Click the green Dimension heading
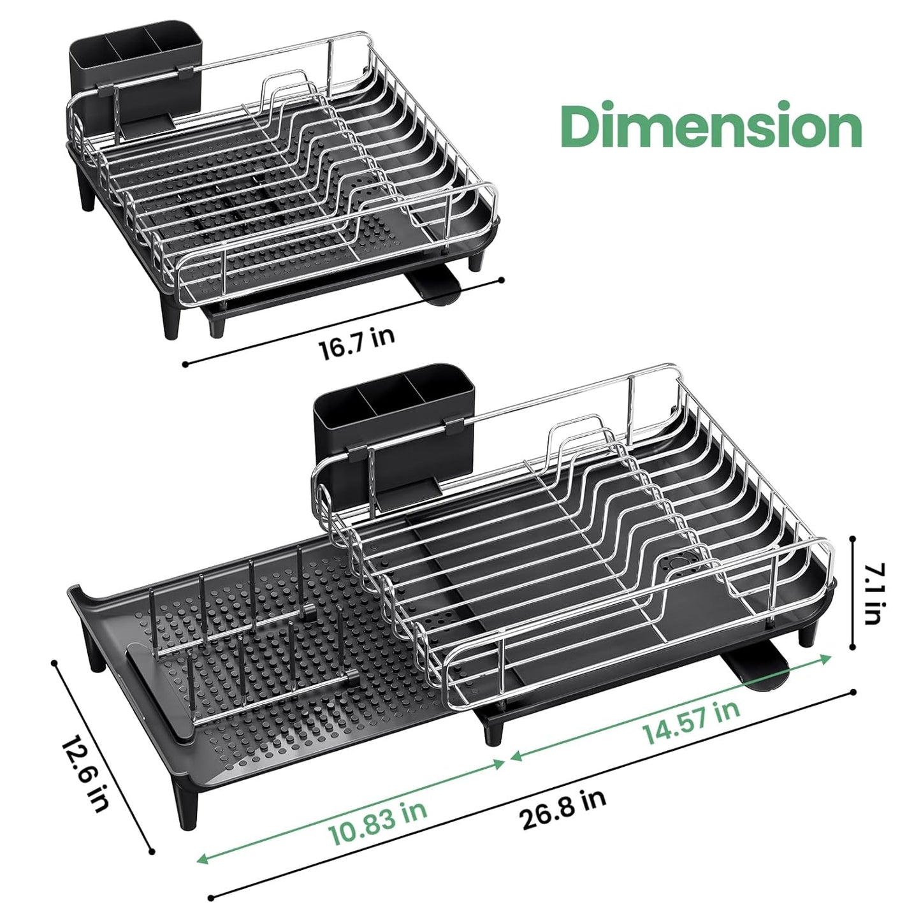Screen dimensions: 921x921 (713, 126)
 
